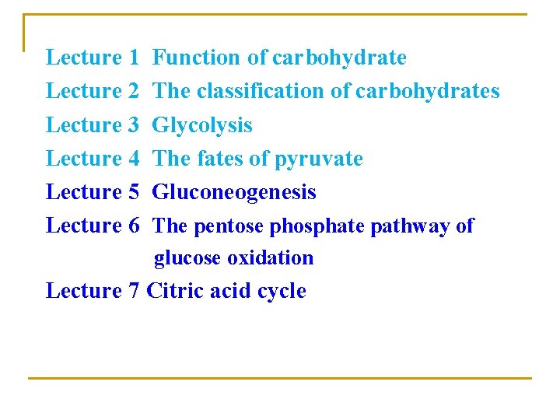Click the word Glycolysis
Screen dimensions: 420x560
pyautogui.click(x=202, y=125)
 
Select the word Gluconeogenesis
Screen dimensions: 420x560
pyautogui.click(x=234, y=192)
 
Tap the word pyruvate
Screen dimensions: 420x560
pyautogui.click(x=318, y=159)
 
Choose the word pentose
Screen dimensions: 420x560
pyautogui.click(x=229, y=226)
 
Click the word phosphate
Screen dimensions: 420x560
pyautogui.click(x=317, y=226)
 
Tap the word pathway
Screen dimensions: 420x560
pyautogui.click(x=412, y=226)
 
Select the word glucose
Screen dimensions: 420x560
pyautogui.click(x=187, y=258)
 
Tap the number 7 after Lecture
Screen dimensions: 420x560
pyautogui.click(x=131, y=291)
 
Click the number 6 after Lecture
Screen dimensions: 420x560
pyautogui.click(x=132, y=226)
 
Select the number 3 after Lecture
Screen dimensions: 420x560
pyautogui.click(x=132, y=125)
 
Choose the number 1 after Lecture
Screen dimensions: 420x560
pyautogui.click(x=132, y=58)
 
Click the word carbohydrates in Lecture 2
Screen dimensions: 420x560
pyautogui.click(x=428, y=92)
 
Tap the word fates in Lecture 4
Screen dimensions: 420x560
pyautogui.click(x=219, y=159)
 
